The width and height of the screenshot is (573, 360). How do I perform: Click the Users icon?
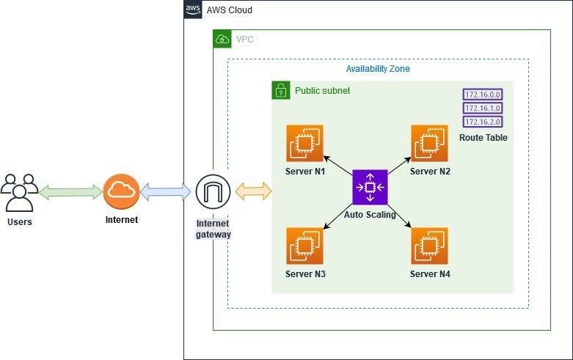pos(20,193)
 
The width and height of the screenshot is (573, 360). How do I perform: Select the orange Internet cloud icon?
pos(121,192)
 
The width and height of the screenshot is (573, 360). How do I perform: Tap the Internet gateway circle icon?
pos(213,192)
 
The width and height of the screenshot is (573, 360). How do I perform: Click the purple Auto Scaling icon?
pos(370,187)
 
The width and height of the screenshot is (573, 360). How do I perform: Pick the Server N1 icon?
pos(305,143)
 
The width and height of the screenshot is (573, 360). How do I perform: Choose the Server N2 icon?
pos(430,143)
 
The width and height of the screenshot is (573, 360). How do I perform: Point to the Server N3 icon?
pos(305,246)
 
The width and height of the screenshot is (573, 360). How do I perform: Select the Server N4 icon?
pos(430,246)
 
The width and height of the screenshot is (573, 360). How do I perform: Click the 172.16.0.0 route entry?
pos(483,95)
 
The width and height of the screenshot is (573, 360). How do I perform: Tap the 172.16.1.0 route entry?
pos(483,108)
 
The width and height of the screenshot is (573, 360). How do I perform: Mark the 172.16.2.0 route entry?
pos(483,122)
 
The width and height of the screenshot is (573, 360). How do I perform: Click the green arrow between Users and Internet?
pos(70,192)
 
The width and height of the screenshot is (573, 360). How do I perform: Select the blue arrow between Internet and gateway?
pos(165,192)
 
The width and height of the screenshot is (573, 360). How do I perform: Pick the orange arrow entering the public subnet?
pos(254,192)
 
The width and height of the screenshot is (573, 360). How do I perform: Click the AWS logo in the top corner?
pos(193,10)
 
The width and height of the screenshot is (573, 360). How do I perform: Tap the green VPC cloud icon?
pos(222,39)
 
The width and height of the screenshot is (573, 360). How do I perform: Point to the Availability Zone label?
pos(378,69)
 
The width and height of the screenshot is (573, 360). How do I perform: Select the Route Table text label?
pos(483,138)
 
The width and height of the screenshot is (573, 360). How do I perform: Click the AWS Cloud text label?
pos(230,10)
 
